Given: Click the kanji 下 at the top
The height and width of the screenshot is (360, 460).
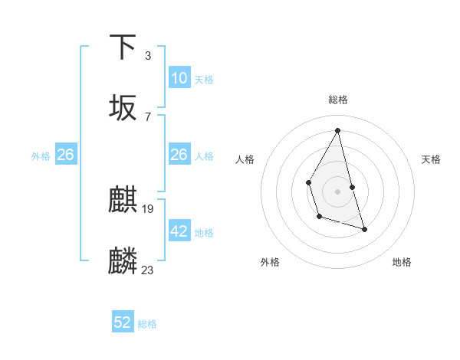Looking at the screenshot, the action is [123, 47].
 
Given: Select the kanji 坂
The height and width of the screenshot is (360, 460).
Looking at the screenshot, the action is [123, 108].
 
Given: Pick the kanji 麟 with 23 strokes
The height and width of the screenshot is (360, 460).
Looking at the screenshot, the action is [123, 261].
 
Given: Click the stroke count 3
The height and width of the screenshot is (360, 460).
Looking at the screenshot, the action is [147, 56].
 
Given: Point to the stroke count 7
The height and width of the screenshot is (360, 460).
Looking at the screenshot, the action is [147, 117].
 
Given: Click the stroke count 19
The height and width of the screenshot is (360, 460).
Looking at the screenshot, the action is [148, 209].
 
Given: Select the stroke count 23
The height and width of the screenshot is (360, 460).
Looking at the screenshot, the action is [148, 270].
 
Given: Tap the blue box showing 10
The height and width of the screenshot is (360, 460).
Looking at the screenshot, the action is [179, 78].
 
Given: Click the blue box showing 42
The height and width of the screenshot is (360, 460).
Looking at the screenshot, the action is [179, 231].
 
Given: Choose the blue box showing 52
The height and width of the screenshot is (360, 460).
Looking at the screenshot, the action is [123, 322].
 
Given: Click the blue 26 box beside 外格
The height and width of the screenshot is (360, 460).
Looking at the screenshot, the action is [65, 155].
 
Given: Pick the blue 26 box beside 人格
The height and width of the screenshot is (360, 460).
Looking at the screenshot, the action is [179, 155].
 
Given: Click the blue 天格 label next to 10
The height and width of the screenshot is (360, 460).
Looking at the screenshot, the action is [204, 80].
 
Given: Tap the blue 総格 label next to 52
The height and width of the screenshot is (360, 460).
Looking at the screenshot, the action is [147, 324].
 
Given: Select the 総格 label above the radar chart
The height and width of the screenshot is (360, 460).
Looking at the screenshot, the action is [338, 100].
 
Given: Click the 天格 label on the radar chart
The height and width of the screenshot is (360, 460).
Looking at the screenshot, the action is [432, 159].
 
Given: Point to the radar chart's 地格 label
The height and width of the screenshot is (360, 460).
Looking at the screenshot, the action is [402, 262].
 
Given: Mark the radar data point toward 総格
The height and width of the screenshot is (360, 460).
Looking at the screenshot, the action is [338, 129].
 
